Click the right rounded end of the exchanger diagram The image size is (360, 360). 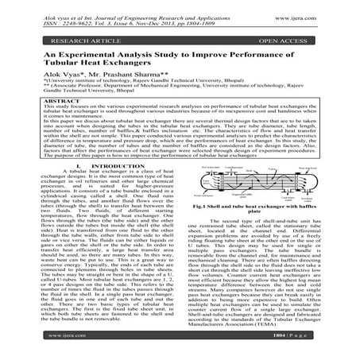[x=317, y=180]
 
